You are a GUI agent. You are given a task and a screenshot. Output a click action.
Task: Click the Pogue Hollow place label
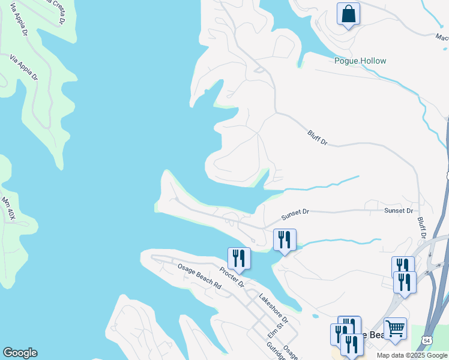point(360,61)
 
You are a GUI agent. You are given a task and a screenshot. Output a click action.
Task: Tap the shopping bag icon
point(348,14)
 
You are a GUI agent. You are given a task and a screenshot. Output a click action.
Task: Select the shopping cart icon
point(395,329)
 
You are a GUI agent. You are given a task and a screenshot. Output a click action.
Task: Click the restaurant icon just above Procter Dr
point(239,259)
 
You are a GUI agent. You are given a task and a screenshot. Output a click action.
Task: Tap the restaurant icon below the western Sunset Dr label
point(285,240)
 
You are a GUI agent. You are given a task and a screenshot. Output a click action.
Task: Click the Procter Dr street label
point(231,277)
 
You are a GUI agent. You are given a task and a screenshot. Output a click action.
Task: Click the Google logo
point(20,353)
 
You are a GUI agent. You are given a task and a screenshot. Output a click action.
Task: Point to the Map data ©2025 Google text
point(412,355)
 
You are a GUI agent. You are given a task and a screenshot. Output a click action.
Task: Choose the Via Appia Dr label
point(24,68)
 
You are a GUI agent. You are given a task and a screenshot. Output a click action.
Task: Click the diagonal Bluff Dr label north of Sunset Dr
point(317,137)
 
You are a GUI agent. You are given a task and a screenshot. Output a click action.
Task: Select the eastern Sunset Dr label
point(399,211)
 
